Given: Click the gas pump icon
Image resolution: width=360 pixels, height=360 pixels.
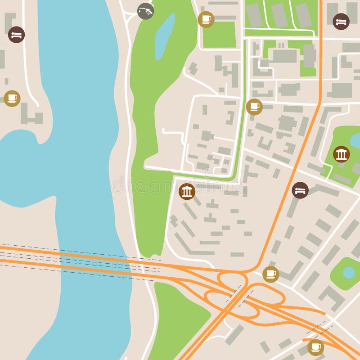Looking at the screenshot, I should tap(145, 11).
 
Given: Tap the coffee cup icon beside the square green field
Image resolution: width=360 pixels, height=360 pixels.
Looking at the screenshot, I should tap(206, 19).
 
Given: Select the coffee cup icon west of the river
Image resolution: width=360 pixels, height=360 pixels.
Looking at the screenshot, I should tap(12, 98).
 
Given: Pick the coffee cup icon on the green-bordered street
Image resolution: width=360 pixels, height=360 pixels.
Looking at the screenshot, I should tap(254, 107).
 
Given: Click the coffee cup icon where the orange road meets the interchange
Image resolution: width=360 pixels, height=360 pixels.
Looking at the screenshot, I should tap(270, 274).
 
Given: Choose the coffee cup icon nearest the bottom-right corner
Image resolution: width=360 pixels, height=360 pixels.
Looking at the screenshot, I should tap(315, 347).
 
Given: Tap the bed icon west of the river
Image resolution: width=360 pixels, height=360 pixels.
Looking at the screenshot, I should tap(16, 35).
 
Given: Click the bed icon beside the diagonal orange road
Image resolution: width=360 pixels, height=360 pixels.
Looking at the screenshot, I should tap(300, 190).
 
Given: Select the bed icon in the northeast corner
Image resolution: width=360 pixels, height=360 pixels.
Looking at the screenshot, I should tap(341, 21).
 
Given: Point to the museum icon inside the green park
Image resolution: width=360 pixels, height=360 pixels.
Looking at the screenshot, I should tap(341, 154).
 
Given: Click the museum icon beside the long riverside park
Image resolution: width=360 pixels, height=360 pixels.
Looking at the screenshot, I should tap(187, 191).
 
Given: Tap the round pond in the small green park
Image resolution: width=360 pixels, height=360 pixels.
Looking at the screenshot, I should tap(349, 272).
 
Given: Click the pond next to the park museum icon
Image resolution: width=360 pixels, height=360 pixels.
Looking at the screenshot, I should tap(355, 141).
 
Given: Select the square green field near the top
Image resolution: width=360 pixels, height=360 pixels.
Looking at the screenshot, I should tap(219, 35).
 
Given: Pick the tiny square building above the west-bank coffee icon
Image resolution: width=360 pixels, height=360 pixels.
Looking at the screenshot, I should tap(6, 81).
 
